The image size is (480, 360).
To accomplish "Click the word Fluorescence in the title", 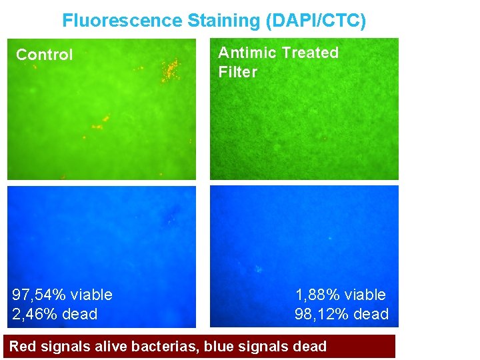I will coord(122,21).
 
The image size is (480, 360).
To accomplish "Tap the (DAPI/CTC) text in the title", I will coord(316,21).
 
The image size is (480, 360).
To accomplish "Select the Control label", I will coord(44,55).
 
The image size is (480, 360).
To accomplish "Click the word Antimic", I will coord(247,53).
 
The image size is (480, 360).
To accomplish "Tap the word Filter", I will coord(237,72).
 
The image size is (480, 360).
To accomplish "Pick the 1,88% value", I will coord(317,295).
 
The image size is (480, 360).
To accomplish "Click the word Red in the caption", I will coord(23,346).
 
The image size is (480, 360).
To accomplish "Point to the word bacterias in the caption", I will coord(169,346).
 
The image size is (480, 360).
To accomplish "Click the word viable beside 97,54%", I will coord(91,295).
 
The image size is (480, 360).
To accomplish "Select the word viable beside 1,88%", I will coord(364,295).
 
